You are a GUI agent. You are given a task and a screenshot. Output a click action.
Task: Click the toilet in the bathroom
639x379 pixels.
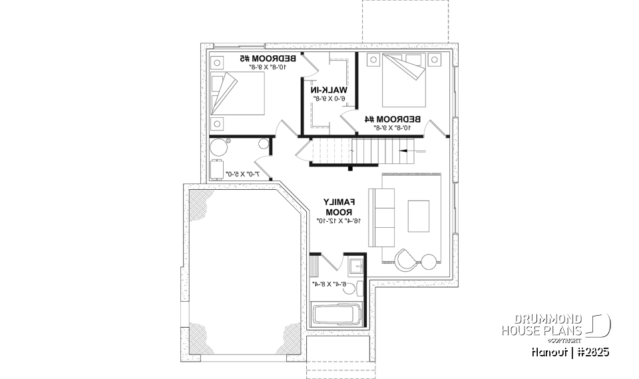(x=357, y=288)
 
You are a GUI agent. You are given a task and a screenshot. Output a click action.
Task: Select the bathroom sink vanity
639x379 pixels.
(x=356, y=267)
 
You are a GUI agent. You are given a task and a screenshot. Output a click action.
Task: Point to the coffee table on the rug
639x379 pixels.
(x=419, y=217)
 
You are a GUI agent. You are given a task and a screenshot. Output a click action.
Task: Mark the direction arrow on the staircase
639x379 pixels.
(x=408, y=151)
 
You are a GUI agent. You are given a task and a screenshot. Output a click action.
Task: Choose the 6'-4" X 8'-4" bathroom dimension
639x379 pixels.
(x=329, y=284)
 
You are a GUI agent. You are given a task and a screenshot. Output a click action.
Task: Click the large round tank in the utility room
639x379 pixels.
(x=218, y=147)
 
